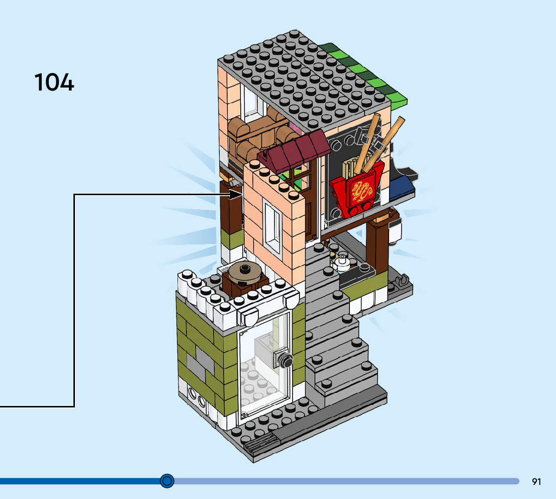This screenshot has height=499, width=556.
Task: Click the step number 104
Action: [x=54, y=82]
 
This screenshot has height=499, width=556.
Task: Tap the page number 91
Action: [x=536, y=482]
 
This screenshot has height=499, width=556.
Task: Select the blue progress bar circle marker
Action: [x=167, y=481]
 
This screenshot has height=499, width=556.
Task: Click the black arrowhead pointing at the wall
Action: [x=236, y=194]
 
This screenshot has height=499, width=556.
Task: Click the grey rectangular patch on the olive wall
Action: [x=201, y=363]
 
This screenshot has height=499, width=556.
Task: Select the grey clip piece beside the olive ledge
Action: [x=402, y=282]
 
